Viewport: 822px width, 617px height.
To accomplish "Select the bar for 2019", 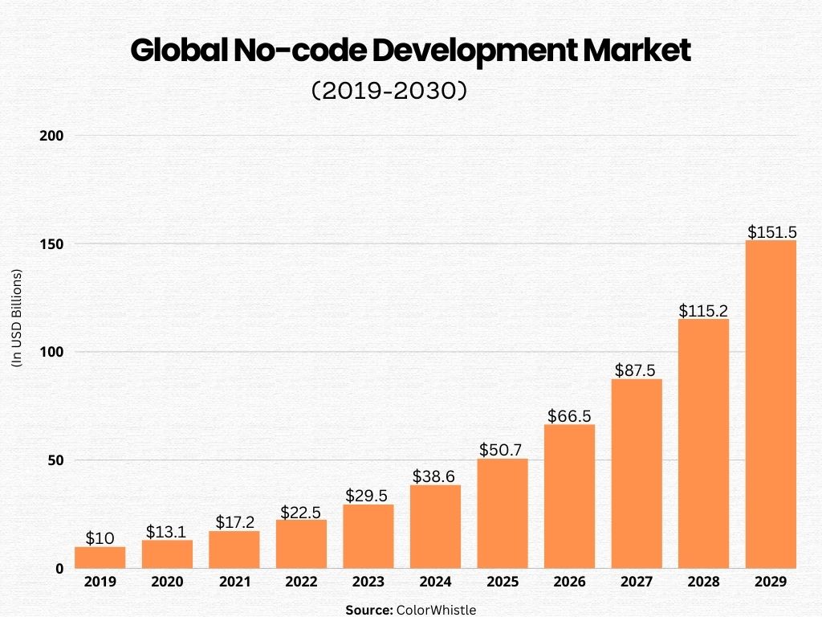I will click(100, 558).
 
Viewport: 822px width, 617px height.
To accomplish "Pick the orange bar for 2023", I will click(368, 537).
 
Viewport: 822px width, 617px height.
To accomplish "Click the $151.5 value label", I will click(771, 231).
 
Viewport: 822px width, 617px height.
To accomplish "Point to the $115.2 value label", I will click(703, 310).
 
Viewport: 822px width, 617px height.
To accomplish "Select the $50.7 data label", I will click(503, 449).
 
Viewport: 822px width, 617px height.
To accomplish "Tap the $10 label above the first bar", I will click(100, 538).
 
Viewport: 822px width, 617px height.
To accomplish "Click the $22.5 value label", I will click(301, 512).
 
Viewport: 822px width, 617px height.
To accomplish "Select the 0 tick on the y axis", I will click(59, 569).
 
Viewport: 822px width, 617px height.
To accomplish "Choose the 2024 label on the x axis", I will click(435, 582).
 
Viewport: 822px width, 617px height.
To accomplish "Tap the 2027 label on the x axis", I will click(637, 582).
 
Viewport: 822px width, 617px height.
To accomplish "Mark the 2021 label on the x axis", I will click(234, 582).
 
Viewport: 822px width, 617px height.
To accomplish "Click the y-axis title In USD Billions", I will click(17, 318).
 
